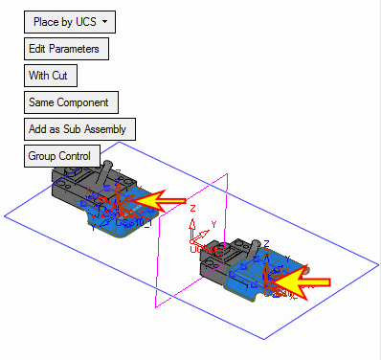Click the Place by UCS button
[x=70, y=22]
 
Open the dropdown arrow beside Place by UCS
[x=104, y=22]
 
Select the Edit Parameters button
[x=66, y=49]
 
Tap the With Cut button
[x=51, y=76]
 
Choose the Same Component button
[x=71, y=102]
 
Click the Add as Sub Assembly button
[x=79, y=129]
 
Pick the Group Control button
[x=62, y=156]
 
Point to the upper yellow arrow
[x=159, y=201]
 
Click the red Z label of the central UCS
[x=192, y=209]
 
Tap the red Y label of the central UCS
[x=213, y=225]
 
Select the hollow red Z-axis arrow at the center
[x=192, y=230]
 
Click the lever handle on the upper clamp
[x=104, y=172]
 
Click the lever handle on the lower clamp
[x=256, y=248]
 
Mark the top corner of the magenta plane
[x=227, y=173]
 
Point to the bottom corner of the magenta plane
[x=156, y=307]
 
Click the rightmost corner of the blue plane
[x=378, y=264]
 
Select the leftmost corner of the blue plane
[x=4, y=216]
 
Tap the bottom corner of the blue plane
[x=264, y=339]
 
